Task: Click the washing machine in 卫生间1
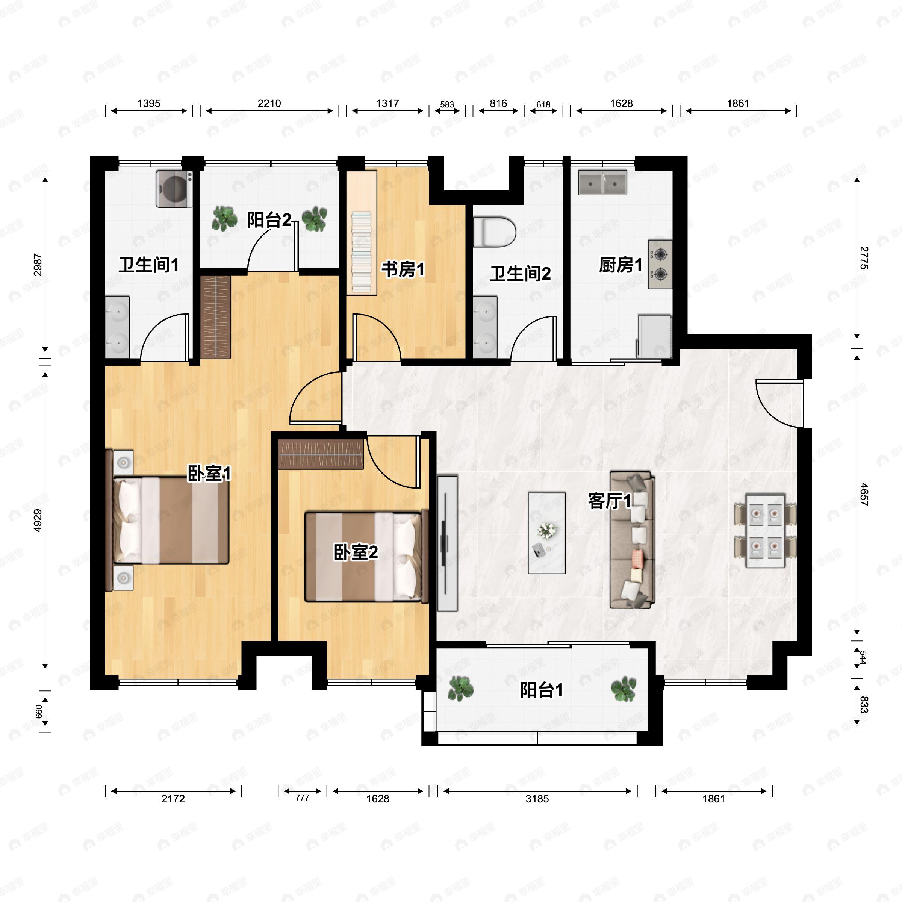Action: point(174,189)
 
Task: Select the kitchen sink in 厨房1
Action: point(602,182)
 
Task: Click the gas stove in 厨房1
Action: point(660,264)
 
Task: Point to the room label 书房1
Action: point(403,269)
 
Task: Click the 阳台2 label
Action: point(269,220)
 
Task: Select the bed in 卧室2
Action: point(366,557)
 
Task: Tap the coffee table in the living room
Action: point(547,533)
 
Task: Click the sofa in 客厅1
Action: point(632,540)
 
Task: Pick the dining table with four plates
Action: point(765,531)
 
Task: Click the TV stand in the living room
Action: point(447,543)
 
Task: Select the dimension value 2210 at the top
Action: point(269,103)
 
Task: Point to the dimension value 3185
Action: point(537,799)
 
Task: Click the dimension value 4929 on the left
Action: point(38,520)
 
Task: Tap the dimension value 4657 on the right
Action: point(864,495)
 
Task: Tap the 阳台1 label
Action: point(542,690)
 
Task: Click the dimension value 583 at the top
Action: point(447,104)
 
